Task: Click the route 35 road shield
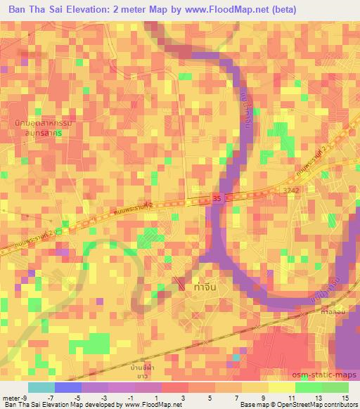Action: (217, 200)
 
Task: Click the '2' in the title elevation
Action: (120, 10)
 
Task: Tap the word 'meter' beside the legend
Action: (9, 397)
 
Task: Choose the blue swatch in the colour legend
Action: (67, 387)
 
